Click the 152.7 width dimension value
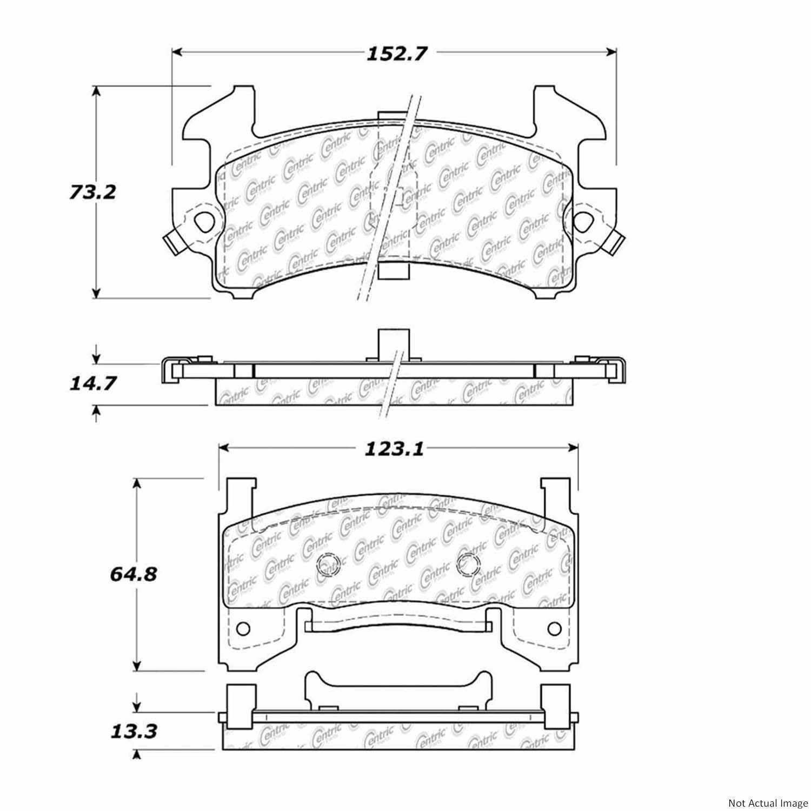point(397,54)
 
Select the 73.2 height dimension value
point(92,192)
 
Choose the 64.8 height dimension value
point(134,574)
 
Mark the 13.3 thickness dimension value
point(135,732)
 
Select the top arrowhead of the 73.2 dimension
point(96,91)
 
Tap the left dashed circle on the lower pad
point(327,566)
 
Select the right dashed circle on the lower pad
point(467,564)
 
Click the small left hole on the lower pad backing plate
point(243,628)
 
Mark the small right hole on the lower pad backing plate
point(554,628)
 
